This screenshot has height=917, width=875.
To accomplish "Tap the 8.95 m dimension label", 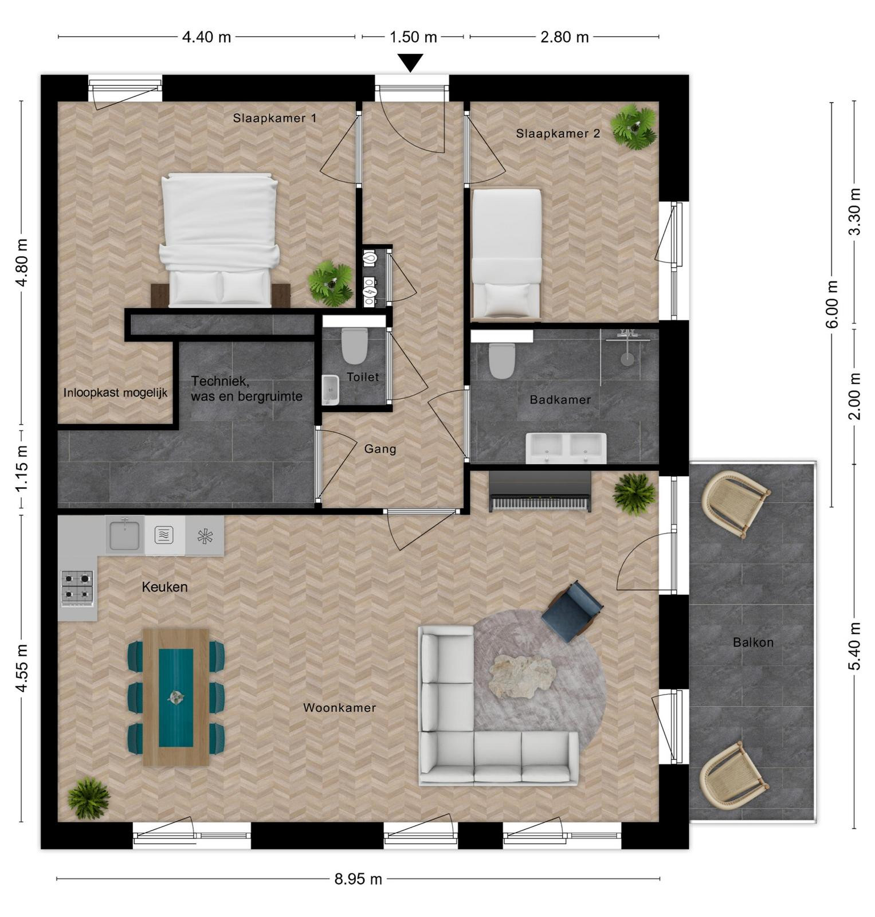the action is click(358, 879).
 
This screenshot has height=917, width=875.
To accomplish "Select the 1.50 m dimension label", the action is click(413, 37).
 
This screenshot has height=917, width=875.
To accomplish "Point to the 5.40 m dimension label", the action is click(854, 646).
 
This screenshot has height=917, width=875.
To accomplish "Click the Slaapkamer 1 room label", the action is click(274, 118).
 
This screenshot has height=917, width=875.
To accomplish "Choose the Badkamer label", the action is click(560, 399).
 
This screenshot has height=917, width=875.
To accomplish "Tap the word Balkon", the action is click(753, 642).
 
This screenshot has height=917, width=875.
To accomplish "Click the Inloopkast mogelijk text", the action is click(115, 393).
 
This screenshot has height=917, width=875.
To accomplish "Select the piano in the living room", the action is click(539, 492).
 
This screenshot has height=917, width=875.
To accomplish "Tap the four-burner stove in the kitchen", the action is click(77, 587).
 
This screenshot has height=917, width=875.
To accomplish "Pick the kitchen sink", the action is click(124, 534).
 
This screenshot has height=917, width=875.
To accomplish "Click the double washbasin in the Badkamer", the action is click(566, 448).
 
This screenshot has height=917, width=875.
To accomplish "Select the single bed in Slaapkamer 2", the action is click(506, 254).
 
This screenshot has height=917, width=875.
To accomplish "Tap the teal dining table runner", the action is click(175, 697).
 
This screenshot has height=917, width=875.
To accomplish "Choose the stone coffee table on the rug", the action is click(522, 677).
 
